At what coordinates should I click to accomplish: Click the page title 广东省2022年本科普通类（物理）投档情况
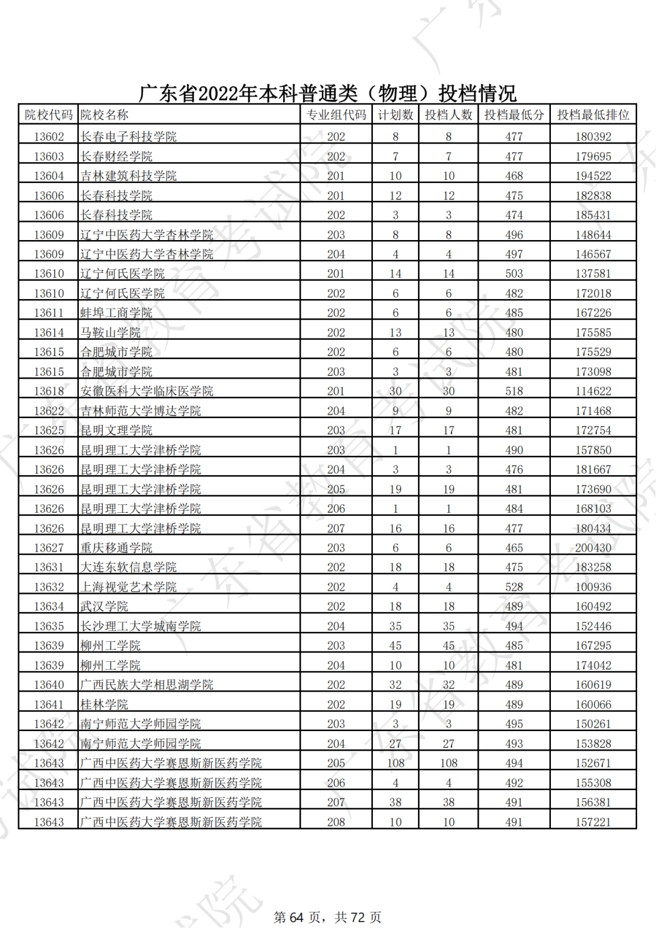point(327,94)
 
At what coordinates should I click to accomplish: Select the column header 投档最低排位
point(593,115)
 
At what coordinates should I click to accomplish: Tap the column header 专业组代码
point(336,115)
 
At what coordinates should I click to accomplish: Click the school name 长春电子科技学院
point(128,137)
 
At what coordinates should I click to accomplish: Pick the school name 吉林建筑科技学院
point(128,176)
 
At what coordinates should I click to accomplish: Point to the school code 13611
point(49,313)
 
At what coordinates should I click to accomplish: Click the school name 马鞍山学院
point(110,332)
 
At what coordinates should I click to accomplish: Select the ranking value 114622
point(593,391)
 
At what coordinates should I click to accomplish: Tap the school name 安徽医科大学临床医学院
point(146,391)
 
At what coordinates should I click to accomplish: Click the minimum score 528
point(514,587)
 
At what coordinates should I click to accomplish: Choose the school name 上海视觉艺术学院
point(128,587)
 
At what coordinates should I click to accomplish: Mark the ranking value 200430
point(593,548)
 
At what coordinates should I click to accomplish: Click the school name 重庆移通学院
point(116,548)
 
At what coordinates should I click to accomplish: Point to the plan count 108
point(395,763)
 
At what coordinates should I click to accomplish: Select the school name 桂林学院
point(104,704)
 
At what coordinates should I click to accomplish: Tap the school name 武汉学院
point(104,607)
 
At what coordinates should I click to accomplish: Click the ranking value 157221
point(593,822)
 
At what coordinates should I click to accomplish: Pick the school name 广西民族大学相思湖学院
point(146,685)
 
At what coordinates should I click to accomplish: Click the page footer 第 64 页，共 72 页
point(327,917)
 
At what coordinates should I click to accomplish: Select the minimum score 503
point(514,273)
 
